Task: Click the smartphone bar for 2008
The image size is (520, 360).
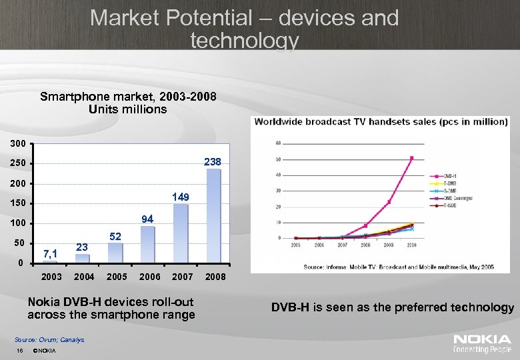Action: pos(213,215)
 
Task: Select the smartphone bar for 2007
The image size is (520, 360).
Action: pos(181,233)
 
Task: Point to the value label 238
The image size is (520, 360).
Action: pos(213,161)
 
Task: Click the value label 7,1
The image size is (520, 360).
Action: pos(50,253)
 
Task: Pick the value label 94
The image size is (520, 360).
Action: pos(148,219)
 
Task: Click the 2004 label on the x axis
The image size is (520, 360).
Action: pos(83,276)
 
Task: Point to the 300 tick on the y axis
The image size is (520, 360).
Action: pos(19,143)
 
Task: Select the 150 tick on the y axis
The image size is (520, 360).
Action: pos(19,203)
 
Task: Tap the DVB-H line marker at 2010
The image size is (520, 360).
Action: pos(412,158)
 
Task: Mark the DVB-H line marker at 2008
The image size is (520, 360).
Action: pos(365,225)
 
